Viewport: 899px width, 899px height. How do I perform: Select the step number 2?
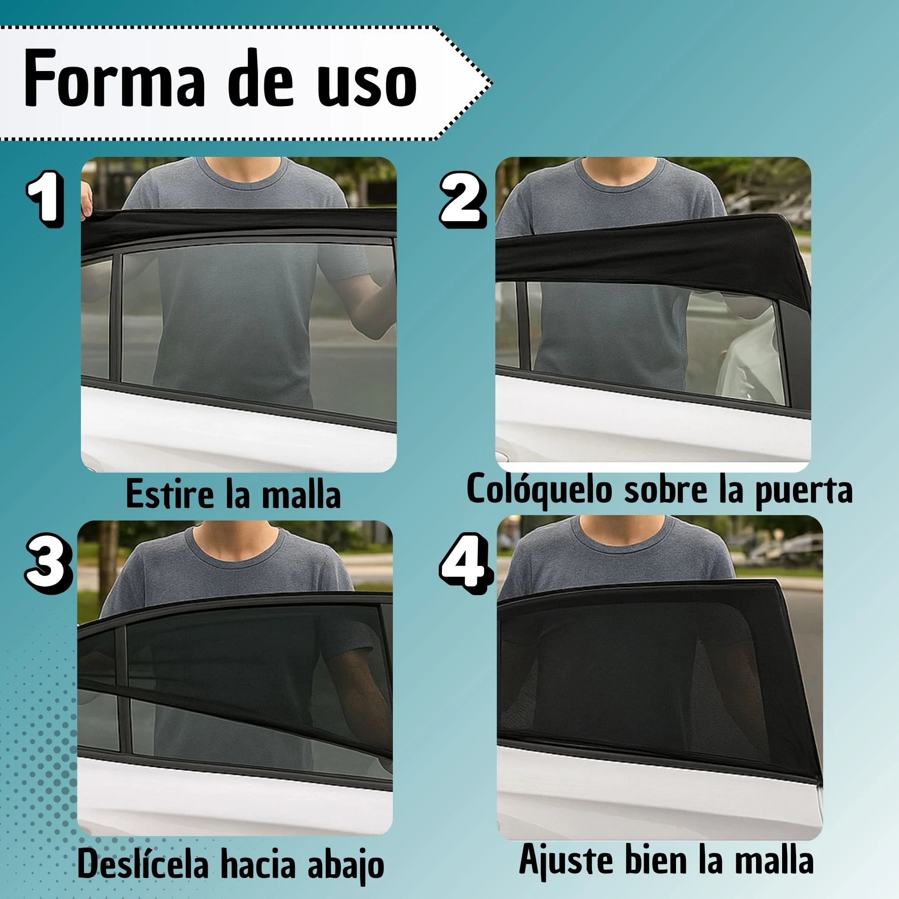pos(462,201)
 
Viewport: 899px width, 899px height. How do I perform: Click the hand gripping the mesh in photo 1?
pos(87,200)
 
